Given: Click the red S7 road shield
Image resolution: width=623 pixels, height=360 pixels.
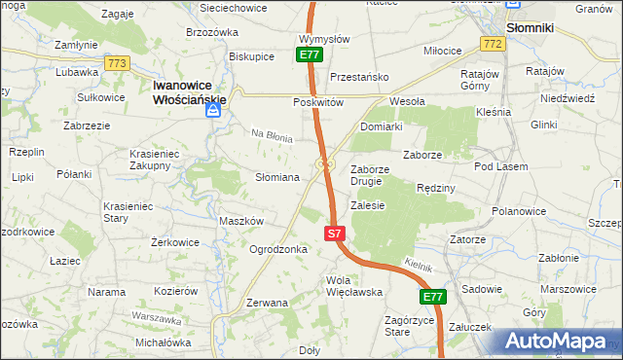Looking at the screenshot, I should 334,234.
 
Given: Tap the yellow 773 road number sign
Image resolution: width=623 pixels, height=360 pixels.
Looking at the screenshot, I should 118,63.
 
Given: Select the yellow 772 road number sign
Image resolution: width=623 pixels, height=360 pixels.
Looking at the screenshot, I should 493,45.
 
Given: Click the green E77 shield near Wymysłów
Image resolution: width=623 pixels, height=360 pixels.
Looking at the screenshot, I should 310,55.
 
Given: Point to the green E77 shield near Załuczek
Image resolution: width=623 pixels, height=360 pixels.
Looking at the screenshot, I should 433,296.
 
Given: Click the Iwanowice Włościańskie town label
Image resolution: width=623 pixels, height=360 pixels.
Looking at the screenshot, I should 189,92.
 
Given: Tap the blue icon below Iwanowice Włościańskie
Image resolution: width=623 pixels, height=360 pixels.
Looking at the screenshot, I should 213,112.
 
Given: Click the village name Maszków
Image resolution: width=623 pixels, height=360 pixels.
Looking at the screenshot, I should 241,221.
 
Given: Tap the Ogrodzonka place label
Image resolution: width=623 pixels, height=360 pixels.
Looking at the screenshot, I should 278,249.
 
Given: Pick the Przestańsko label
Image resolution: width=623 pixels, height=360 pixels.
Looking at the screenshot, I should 359,77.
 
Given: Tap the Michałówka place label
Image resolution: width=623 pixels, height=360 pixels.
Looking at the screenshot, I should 163,342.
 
